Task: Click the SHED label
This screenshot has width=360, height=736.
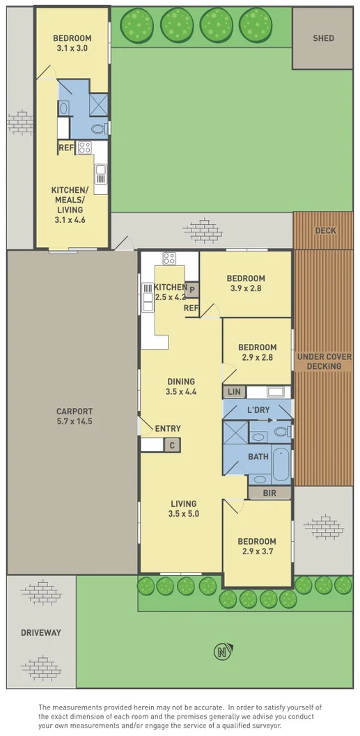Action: coord(323,38)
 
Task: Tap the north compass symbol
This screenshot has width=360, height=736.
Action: coord(221,652)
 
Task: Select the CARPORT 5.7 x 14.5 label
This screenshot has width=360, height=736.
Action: coord(75,416)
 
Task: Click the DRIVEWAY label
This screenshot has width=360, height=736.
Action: coord(40,632)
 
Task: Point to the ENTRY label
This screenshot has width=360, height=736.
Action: coord(168,429)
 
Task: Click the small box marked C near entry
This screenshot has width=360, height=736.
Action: coord(171,445)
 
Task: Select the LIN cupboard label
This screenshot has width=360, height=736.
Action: coord(233,393)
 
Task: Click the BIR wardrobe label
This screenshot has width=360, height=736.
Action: coord(267,492)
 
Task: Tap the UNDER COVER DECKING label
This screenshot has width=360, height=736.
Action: coord(324,361)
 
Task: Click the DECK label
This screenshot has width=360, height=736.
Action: coord(325,230)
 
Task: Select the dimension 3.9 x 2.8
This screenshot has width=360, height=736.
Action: coord(245,290)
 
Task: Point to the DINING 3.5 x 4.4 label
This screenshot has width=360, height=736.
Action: coord(180,386)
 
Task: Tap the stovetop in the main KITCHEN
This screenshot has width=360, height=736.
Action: coord(169,258)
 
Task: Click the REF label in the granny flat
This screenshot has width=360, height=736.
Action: coord(66,148)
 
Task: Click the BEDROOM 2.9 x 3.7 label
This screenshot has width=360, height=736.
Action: coord(256,547)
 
